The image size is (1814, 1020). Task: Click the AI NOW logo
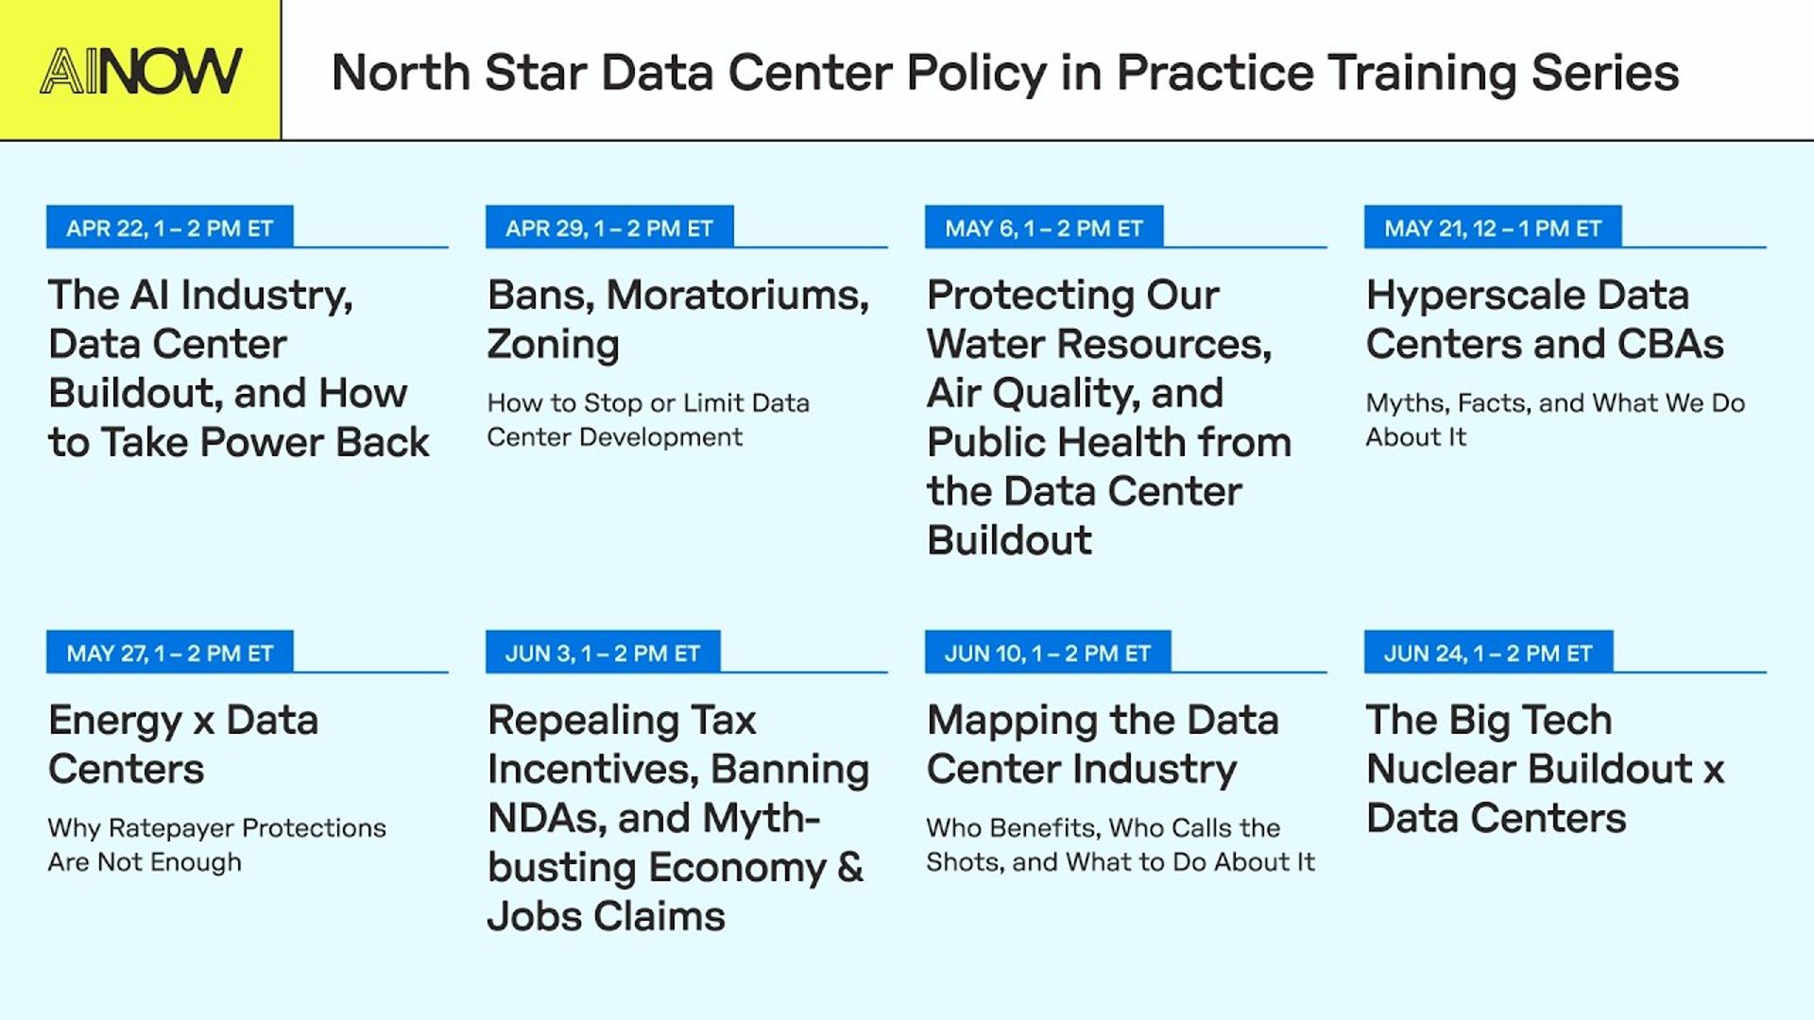pos(141,71)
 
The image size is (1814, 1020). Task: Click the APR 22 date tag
pos(170,228)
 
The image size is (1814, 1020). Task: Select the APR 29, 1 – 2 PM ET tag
pos(609,228)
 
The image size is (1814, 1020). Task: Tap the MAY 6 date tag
pos(1044,228)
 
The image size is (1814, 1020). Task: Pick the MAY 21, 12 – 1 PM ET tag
pos(1493,228)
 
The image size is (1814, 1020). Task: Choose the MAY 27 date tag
pos(170,653)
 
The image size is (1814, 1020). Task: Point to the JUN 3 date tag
pos(603,653)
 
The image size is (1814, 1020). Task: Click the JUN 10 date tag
pos(1048,653)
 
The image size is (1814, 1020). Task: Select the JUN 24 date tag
pos(1488,653)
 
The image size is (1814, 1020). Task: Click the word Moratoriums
pos(738,295)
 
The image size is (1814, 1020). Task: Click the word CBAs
pos(1670,344)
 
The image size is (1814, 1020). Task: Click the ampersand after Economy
pos(850,867)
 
